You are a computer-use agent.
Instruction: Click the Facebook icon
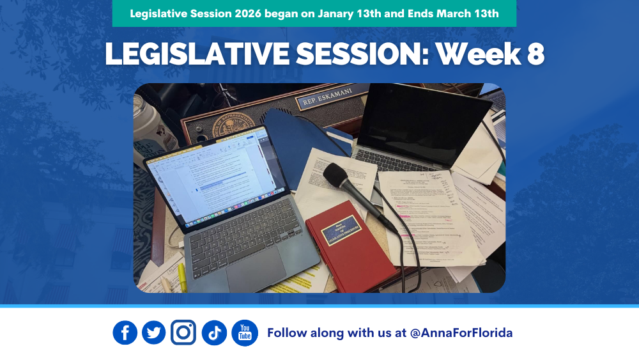125,333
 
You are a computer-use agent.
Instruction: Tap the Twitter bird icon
153,333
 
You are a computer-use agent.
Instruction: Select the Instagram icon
183,333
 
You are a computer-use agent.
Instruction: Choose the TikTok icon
214,333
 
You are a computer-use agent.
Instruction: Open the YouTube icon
245,333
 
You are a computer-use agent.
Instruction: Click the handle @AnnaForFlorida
461,333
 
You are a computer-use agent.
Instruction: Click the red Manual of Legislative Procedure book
350,246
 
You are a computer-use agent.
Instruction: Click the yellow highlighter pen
182,277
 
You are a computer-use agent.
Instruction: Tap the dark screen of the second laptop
419,119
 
